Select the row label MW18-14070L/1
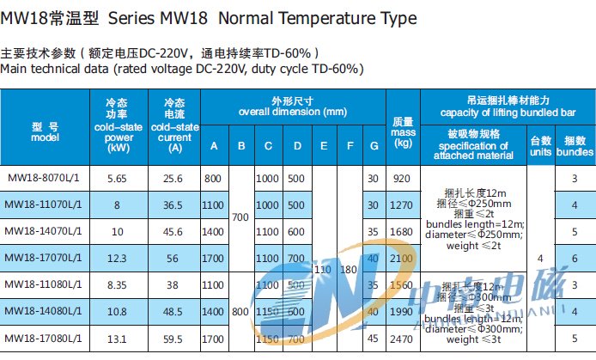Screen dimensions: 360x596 coord(45,232)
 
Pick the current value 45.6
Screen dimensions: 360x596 coord(173,232)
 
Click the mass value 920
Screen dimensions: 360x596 coord(402,179)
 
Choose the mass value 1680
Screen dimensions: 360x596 coord(402,232)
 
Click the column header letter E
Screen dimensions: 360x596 coord(324,146)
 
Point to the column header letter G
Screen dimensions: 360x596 coord(373,146)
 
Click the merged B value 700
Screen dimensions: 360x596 coord(240,218)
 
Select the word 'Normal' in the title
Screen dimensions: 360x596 coord(222,18)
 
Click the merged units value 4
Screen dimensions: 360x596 coord(539,257)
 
